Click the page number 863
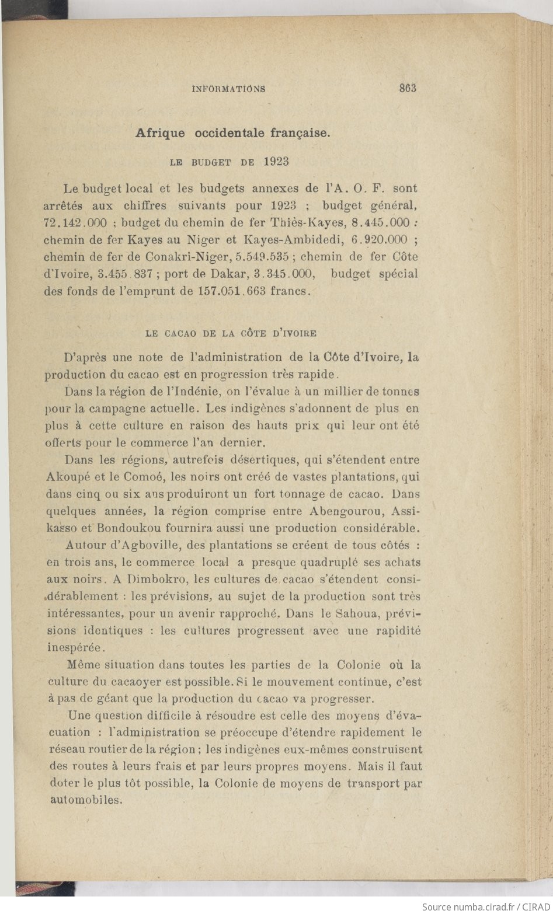pos(407,89)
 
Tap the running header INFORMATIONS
pos(228,89)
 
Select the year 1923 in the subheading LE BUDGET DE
pos(276,162)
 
